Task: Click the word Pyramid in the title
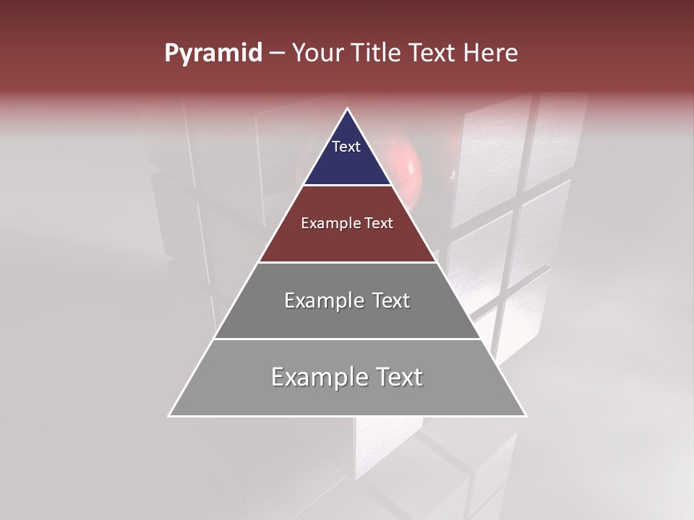pos(213,53)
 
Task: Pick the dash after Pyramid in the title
pos(277,53)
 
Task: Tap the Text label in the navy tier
pos(346,147)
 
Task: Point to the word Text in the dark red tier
pos(380,224)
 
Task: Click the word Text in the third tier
pos(391,300)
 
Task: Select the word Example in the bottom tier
pos(318,377)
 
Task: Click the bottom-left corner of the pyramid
pos(169,416)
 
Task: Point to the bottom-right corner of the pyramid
pos(526,416)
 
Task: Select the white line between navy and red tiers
pos(347,186)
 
